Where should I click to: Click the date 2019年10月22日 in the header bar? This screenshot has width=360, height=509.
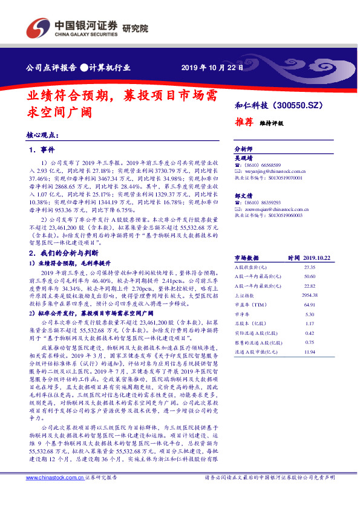tap(212, 68)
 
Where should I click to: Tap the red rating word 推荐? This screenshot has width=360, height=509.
tap(244, 121)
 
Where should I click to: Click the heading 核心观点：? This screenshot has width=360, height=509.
tap(42, 136)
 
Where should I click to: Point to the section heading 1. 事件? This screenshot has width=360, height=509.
tap(42, 149)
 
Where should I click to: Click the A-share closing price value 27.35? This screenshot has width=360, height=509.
tap(310, 267)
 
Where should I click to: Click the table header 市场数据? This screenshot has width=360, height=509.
tap(248, 257)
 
